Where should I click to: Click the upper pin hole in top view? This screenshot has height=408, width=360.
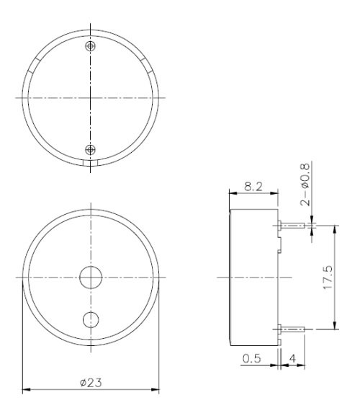(x=90, y=46)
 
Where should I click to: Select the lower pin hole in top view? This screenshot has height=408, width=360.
(x=90, y=149)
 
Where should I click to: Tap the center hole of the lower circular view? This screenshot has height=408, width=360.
(x=91, y=277)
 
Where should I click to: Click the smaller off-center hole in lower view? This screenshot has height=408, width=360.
(x=91, y=319)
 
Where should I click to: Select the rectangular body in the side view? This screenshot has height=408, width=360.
(x=252, y=277)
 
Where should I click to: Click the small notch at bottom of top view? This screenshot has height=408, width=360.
(x=90, y=163)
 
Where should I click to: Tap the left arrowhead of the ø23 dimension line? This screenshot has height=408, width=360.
(x=26, y=391)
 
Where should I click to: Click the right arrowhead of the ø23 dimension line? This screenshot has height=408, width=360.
(x=156, y=391)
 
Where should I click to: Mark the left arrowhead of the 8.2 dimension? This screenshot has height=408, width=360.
(x=232, y=193)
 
